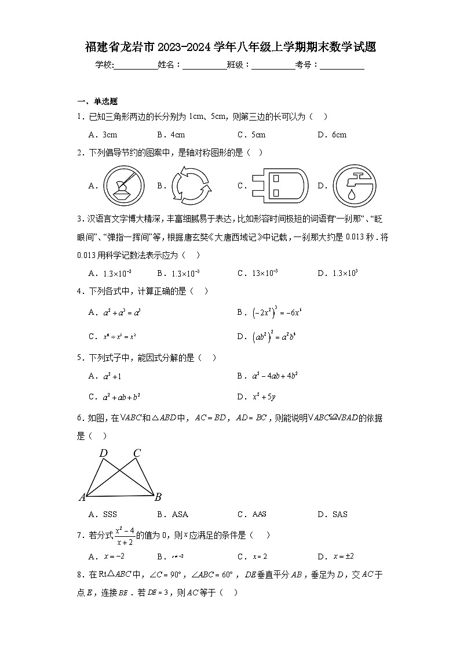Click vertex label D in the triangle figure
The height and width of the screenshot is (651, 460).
pyautogui.click(x=103, y=453)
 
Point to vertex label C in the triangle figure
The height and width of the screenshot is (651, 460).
pyautogui.click(x=137, y=453)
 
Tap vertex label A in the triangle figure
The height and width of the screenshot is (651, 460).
pyautogui.click(x=82, y=497)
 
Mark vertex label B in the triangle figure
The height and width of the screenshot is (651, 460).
pyautogui.click(x=158, y=497)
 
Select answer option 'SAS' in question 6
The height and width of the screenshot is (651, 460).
pyautogui.click(x=339, y=514)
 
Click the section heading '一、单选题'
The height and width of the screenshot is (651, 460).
pyautogui.click(x=97, y=101)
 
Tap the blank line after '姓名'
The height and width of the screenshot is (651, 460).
pyautogui.click(x=205, y=66)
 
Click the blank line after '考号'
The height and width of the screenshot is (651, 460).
pyautogui.click(x=342, y=66)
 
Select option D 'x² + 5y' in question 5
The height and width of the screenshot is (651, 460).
pyautogui.click(x=264, y=397)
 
